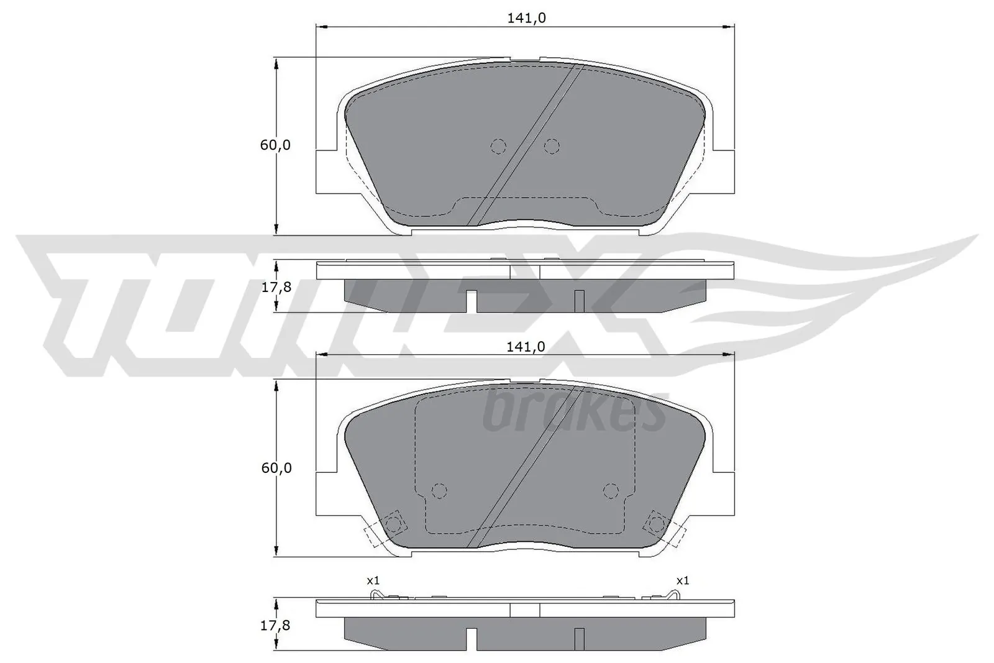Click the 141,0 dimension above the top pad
(x=526, y=19)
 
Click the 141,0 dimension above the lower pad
(x=526, y=347)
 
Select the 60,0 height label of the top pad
(x=275, y=145)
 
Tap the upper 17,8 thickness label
(x=275, y=287)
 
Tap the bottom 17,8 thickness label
(x=275, y=625)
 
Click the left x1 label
(x=372, y=580)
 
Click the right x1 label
(x=682, y=580)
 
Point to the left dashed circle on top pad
(x=498, y=146)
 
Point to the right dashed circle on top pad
(x=551, y=146)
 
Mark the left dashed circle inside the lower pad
(x=439, y=491)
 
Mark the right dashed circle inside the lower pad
(x=611, y=491)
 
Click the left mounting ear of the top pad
(x=329, y=171)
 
